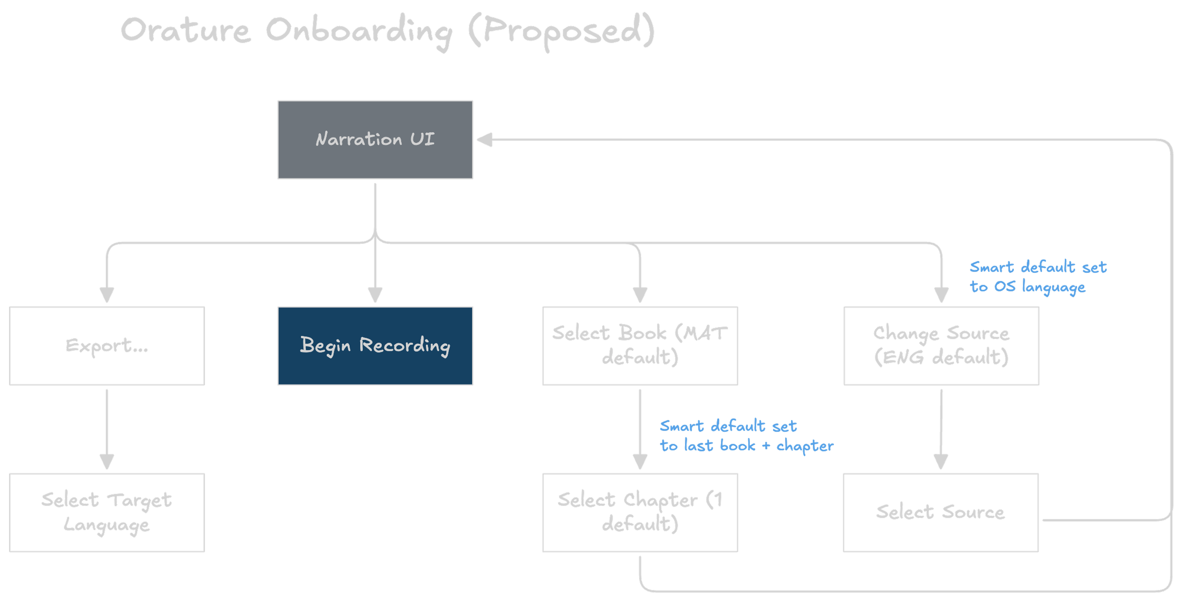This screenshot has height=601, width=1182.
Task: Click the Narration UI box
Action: click(375, 140)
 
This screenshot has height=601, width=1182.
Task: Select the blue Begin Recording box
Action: click(375, 346)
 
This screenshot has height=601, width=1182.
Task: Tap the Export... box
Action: click(106, 346)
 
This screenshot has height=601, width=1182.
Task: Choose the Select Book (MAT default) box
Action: click(640, 346)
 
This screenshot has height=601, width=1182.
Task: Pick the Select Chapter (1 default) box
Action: click(640, 513)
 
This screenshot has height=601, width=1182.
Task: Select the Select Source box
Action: click(941, 513)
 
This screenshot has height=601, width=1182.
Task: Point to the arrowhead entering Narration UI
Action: click(484, 140)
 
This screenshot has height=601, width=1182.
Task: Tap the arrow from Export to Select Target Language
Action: click(106, 428)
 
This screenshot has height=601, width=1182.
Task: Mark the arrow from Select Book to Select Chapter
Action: click(640, 428)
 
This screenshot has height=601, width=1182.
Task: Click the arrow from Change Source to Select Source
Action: click(941, 428)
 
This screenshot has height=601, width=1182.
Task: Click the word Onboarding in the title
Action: click(359, 31)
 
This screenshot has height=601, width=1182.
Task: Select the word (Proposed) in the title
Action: click(562, 31)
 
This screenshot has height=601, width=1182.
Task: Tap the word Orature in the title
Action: click(185, 30)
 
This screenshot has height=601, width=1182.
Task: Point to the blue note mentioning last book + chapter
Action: click(746, 436)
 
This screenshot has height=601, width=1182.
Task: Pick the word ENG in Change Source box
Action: click(903, 358)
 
